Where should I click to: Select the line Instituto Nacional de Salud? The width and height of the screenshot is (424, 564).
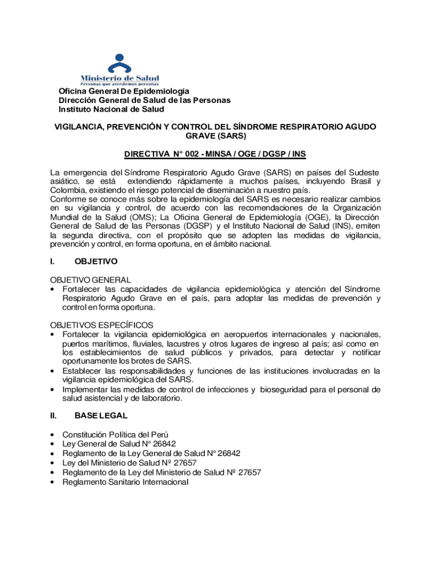(x=112, y=109)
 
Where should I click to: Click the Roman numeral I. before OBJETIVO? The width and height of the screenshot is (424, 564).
(x=52, y=261)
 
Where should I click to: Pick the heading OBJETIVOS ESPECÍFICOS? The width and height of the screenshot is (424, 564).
(x=102, y=325)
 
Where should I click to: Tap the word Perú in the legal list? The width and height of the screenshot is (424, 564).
(x=159, y=435)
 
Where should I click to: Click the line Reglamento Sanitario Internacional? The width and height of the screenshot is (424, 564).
(x=126, y=482)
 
